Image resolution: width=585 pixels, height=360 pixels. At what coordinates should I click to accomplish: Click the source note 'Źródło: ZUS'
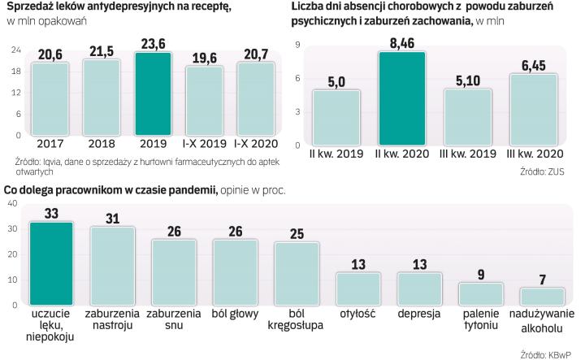click(x=543, y=171)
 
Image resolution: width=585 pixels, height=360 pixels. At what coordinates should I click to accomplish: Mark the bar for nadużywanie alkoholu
click(x=544, y=297)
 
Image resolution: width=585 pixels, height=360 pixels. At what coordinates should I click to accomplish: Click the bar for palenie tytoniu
click(x=481, y=293)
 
